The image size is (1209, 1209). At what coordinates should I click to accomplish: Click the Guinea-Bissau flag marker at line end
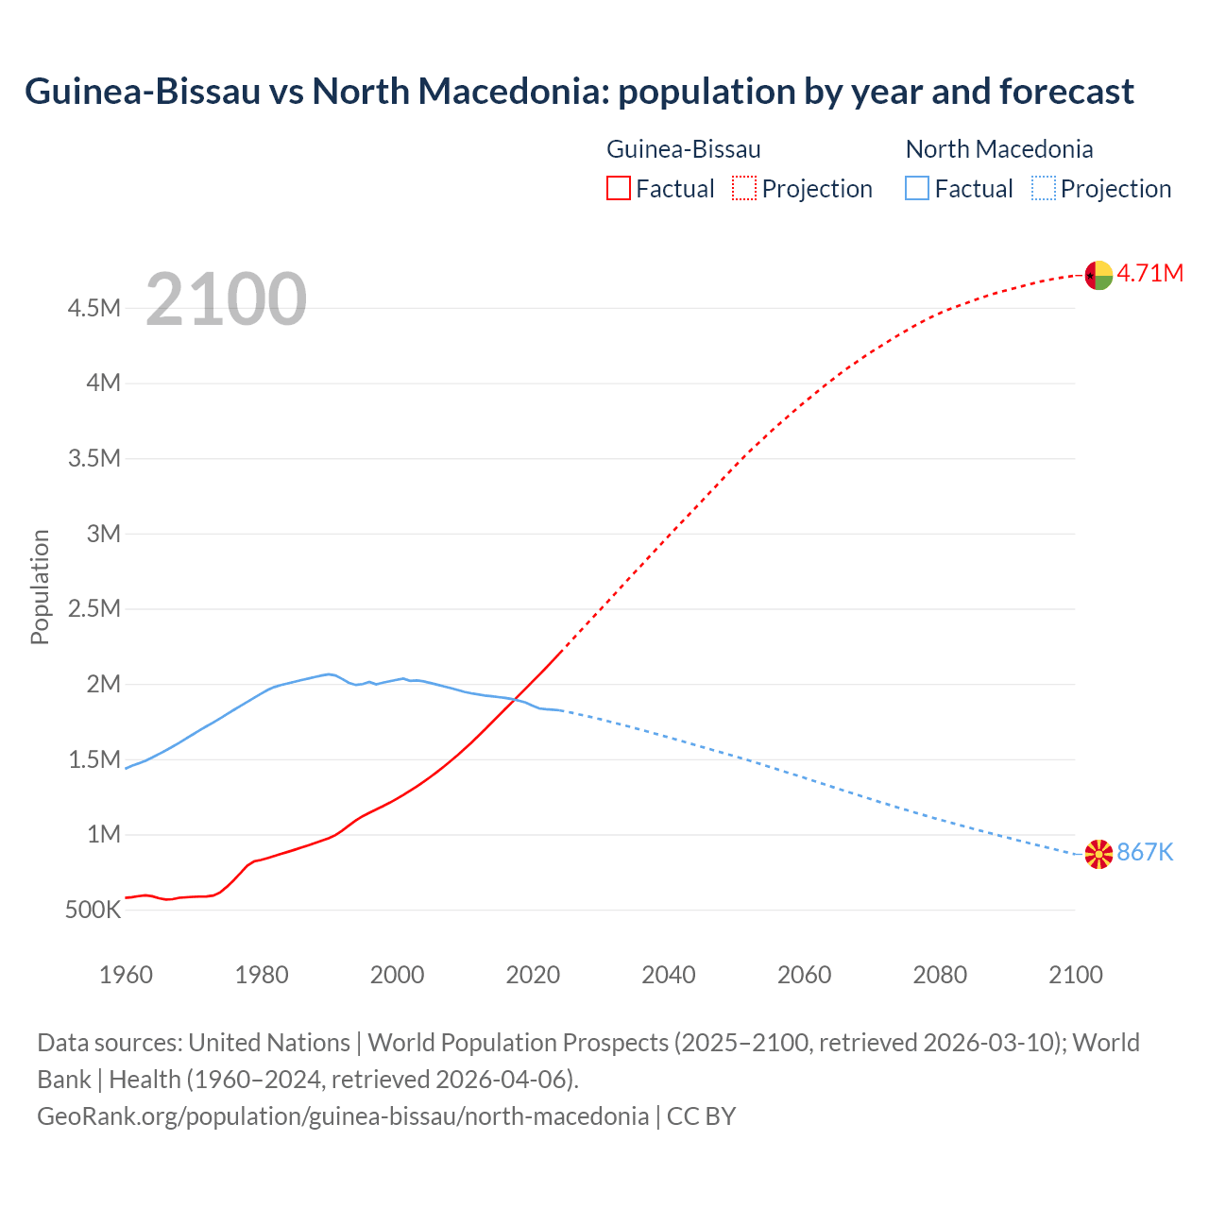(1098, 275)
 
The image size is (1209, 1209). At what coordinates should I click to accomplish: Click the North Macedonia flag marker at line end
(1098, 854)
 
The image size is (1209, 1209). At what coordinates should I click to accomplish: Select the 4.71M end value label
(1150, 274)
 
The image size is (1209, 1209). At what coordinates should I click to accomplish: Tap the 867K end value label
(1145, 853)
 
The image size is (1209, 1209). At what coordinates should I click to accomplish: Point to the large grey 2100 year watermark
(226, 299)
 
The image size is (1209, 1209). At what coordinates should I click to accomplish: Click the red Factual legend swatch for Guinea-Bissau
(618, 189)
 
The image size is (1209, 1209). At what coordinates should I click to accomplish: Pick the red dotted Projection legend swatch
(744, 189)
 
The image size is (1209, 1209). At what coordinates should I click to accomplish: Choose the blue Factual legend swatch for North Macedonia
(917, 189)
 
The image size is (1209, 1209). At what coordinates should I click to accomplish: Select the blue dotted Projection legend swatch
(1044, 189)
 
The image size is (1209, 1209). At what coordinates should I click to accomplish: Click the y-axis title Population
(40, 587)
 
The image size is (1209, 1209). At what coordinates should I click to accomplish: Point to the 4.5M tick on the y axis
(94, 308)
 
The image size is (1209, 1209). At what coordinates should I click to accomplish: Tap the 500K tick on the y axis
(93, 911)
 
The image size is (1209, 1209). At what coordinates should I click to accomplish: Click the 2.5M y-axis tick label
(94, 608)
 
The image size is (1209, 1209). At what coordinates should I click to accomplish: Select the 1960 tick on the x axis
(126, 975)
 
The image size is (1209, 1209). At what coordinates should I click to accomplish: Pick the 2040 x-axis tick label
(669, 975)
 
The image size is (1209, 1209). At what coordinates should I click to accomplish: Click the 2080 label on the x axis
(940, 975)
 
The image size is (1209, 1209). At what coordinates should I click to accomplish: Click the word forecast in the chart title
(1066, 92)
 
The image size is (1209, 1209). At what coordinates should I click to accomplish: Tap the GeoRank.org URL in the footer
(343, 1116)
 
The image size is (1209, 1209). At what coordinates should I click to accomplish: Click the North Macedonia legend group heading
(999, 149)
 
